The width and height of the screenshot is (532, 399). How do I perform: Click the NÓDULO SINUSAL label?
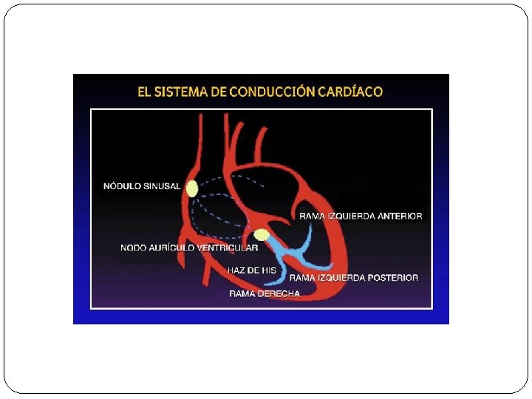[141, 186]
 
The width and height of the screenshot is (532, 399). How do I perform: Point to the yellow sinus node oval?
[192, 188]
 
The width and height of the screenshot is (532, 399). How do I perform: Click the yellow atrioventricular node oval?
[261, 235]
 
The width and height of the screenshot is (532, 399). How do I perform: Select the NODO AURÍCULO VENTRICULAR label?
[189, 248]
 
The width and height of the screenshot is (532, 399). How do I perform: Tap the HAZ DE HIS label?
[251, 270]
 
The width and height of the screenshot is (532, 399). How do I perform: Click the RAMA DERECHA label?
[265, 293]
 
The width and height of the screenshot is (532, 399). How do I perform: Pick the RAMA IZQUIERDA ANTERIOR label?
[361, 216]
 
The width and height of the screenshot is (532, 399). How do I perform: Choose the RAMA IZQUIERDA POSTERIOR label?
[353, 278]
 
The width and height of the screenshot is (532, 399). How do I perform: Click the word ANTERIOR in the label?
[399, 216]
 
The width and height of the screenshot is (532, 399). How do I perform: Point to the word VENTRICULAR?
[227, 248]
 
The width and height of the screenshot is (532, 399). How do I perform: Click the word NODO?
[133, 248]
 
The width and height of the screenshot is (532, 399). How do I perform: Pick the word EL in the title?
[145, 92]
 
